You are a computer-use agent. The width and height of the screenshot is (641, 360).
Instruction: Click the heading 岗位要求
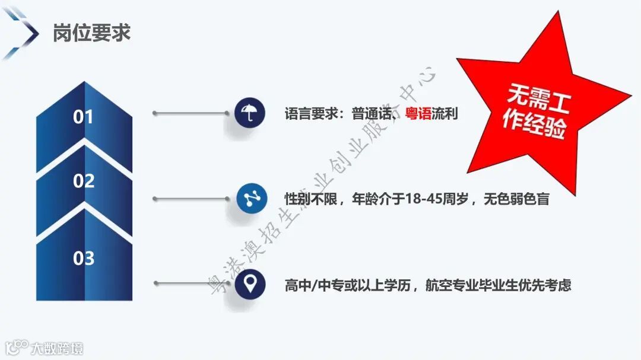[91, 33]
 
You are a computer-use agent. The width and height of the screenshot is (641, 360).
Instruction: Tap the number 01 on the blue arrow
[84, 117]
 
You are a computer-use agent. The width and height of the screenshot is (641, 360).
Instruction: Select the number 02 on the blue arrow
[84, 181]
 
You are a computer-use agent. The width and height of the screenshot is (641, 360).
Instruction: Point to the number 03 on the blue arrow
[84, 258]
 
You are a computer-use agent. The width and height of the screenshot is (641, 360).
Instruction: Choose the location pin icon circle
[249, 285]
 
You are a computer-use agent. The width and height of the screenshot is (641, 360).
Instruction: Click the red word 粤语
[418, 113]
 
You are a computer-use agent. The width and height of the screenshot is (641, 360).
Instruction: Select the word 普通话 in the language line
[372, 113]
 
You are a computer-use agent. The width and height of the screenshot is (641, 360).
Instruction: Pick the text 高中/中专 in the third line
[315, 285]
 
